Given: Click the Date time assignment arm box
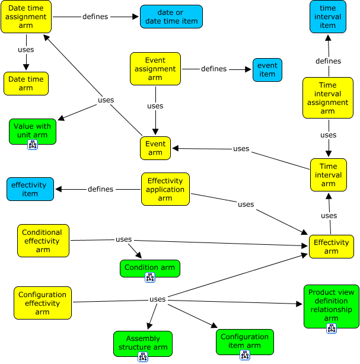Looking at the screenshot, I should pos(26,17).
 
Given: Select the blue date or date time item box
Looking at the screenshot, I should pos(171,17).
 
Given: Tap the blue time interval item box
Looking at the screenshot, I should pos(327,17).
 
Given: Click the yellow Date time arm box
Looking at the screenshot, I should pos(26,84).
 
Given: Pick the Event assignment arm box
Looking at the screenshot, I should pos(155,69).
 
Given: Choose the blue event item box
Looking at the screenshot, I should pos(267,70).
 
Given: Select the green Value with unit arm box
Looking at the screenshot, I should pos(33,130).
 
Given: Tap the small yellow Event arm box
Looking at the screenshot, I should pos(155,148).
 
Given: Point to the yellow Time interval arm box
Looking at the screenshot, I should pos(328,175).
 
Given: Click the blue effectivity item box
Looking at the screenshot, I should pos(30,189).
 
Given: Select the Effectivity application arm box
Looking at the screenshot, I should pos(165,189).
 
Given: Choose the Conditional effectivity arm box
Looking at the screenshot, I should pos(43,241).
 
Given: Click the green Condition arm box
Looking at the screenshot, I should pos(149,267).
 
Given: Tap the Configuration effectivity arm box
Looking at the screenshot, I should pos(43,303).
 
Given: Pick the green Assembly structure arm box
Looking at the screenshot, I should pos(143,343).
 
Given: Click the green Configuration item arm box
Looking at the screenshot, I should pos(245,341).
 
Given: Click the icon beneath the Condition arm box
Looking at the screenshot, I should pos(149,277).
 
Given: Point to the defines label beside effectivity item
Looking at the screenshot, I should pos(100,189).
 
